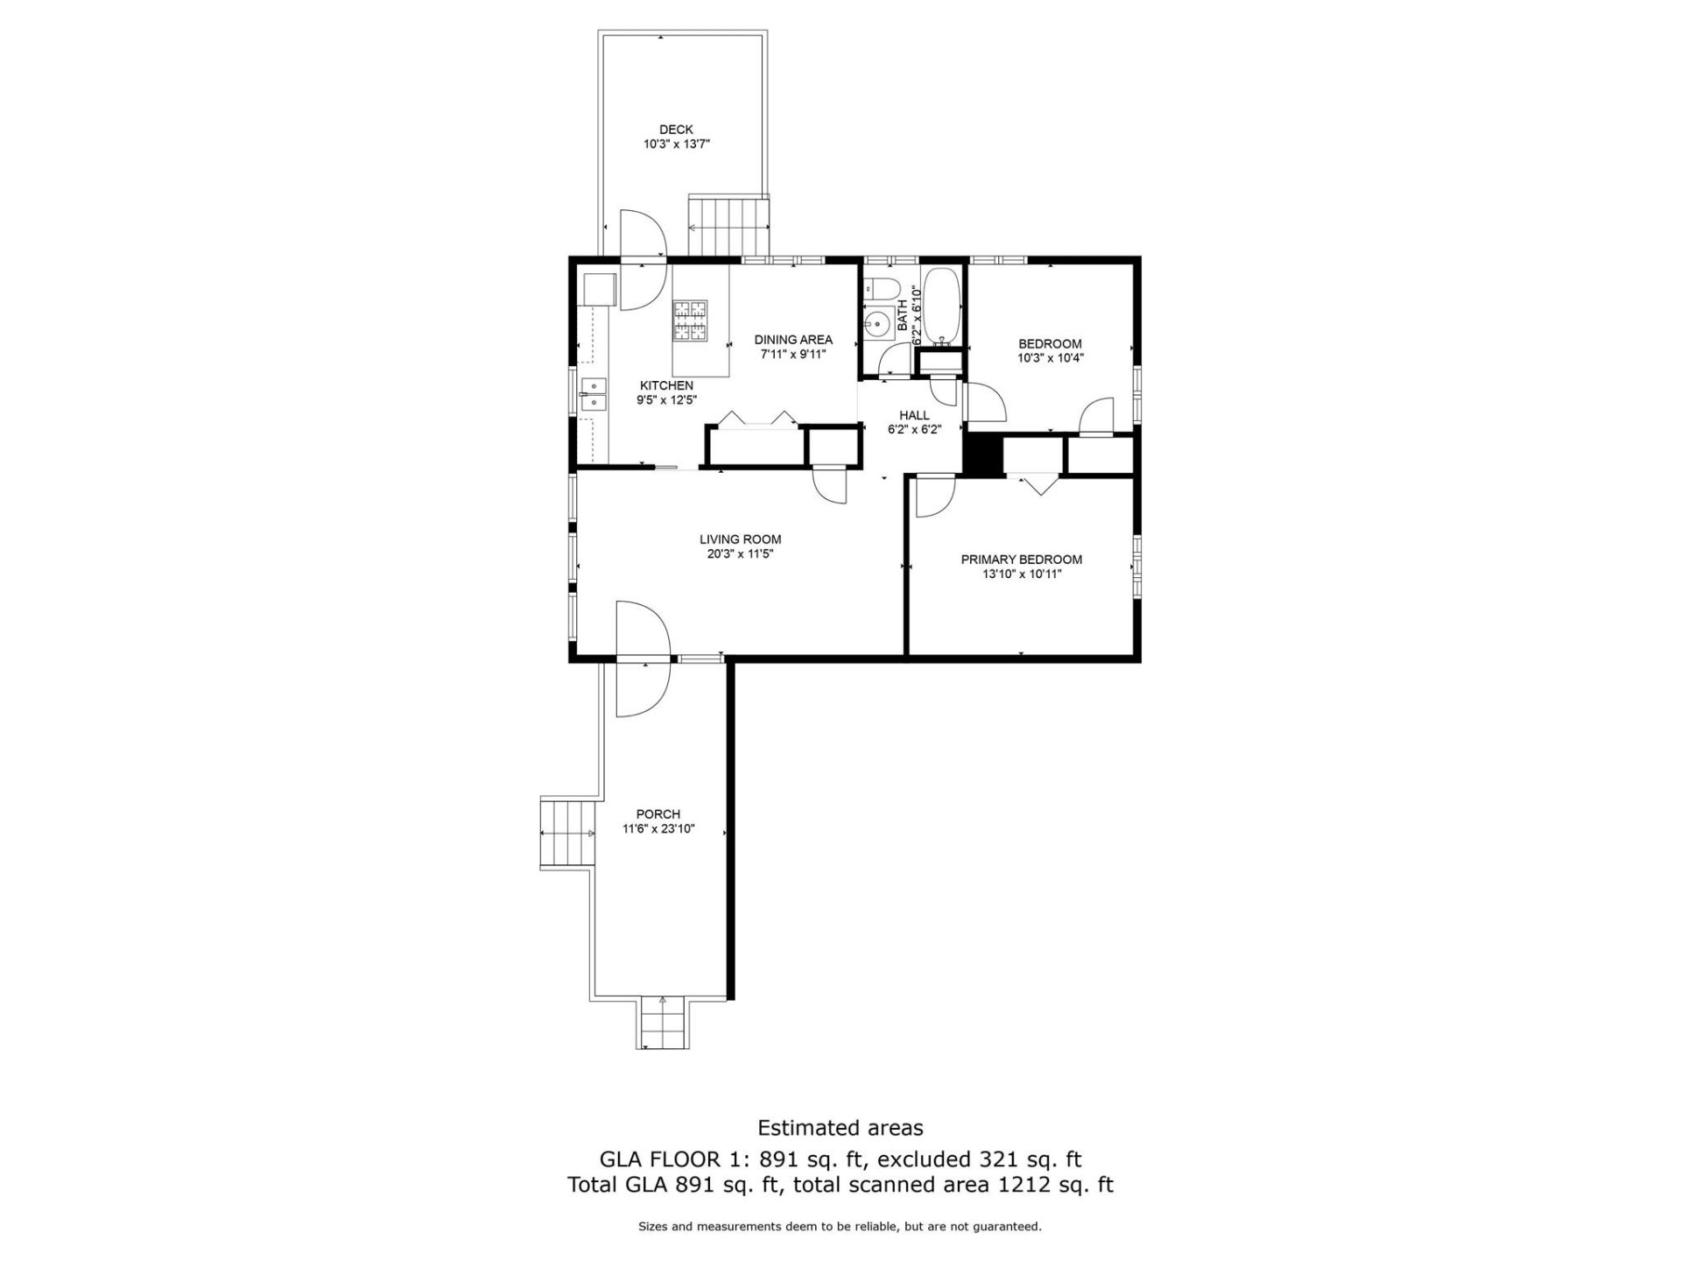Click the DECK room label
point(676,130)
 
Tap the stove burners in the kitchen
point(689,320)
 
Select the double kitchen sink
point(594,394)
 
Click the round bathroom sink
point(876,325)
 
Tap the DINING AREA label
point(793,340)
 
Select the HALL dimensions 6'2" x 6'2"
point(914,430)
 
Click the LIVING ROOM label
point(740,539)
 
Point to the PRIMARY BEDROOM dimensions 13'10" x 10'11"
point(1022,574)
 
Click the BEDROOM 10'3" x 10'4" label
point(1050,344)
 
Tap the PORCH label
point(658,814)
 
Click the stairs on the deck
point(728,227)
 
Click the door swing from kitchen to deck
point(642,260)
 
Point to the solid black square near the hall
point(982,455)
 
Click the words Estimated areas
point(840,1128)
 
